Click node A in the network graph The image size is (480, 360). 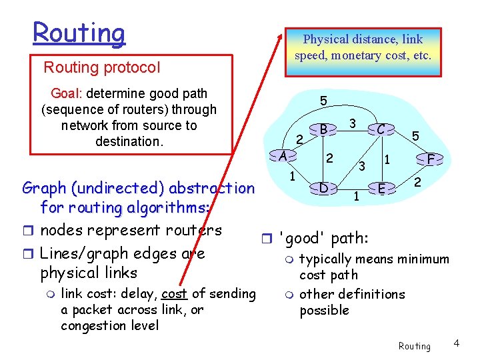click(283, 156)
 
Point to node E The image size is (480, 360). click(381, 188)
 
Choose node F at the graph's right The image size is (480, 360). click(431, 159)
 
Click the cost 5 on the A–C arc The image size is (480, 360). click(323, 101)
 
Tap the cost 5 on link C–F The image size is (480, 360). click(415, 136)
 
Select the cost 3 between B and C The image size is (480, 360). click(353, 123)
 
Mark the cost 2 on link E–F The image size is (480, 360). click(418, 181)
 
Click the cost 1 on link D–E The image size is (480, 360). click(356, 196)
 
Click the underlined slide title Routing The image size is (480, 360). click(79, 33)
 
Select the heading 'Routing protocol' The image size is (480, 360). click(102, 67)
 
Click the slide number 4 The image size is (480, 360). click(457, 343)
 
